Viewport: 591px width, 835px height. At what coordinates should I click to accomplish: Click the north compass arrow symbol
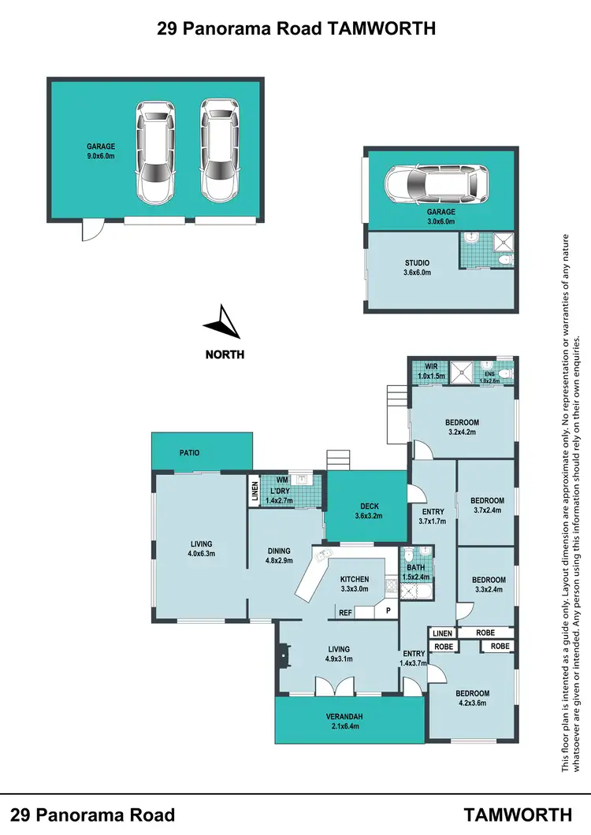(221, 322)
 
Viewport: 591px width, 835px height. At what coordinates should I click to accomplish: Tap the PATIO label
(189, 453)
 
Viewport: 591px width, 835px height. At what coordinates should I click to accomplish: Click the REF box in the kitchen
(345, 612)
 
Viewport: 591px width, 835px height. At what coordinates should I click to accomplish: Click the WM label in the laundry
(281, 480)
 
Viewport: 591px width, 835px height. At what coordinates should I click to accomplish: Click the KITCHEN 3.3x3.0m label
(354, 584)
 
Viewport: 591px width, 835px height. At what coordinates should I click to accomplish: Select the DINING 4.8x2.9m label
(278, 556)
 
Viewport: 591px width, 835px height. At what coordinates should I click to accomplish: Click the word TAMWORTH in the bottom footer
(517, 814)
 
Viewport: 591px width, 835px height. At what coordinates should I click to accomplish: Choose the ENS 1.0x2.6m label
(490, 377)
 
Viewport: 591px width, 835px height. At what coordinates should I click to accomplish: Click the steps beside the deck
(339, 458)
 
